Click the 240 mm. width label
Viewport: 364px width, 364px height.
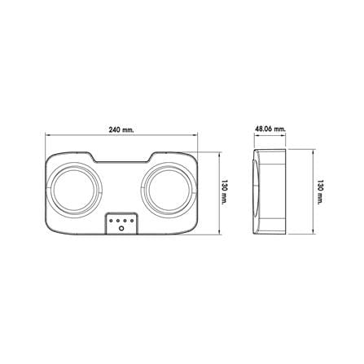121,129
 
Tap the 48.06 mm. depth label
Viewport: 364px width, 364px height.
270,129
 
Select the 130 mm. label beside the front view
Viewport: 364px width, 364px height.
224,192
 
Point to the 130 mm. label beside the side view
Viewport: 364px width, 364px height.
321,192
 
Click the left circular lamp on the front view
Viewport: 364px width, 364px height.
75,190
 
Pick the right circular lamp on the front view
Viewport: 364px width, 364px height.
169,190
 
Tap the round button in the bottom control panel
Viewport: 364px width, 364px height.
121,229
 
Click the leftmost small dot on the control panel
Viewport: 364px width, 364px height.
111,221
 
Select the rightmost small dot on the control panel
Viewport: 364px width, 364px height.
132,221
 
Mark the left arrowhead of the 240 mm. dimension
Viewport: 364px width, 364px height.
47,134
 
